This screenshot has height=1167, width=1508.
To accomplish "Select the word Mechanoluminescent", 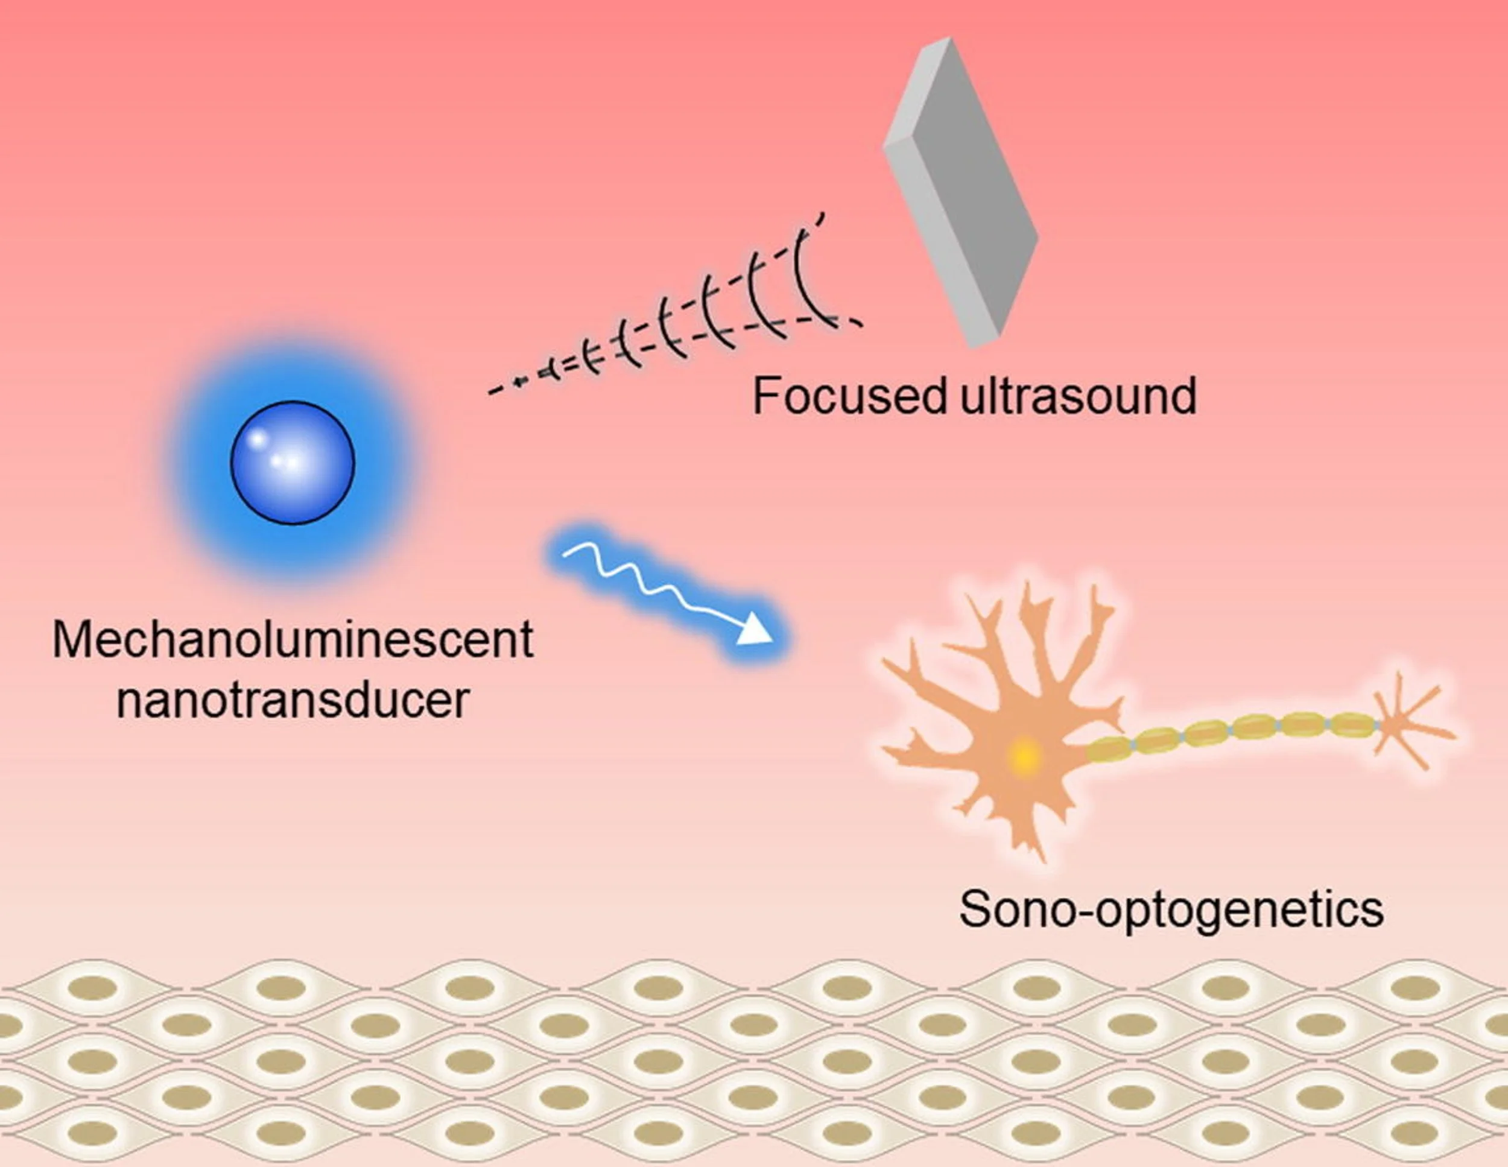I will coord(293,640).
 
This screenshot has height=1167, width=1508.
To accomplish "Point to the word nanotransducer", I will coord(293,700).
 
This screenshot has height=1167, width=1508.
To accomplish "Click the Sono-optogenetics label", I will coord(1171,909).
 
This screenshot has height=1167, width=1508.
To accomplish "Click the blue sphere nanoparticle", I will coord(293,463).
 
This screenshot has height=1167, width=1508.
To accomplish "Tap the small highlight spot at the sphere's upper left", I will coord(258,438).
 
